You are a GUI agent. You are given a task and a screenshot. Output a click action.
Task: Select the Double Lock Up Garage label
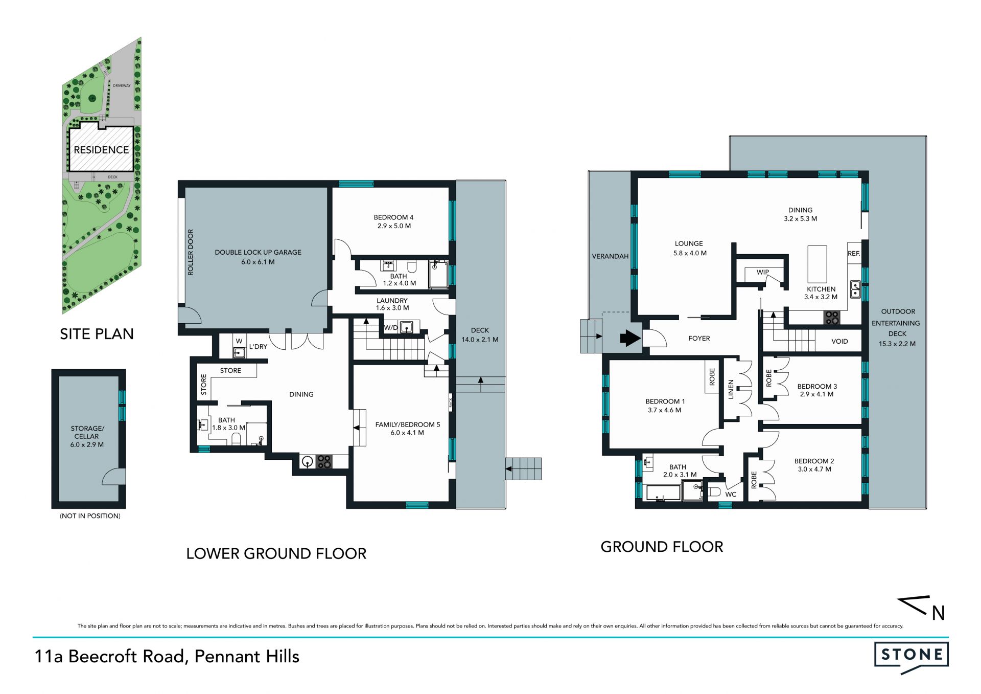tap(258, 257)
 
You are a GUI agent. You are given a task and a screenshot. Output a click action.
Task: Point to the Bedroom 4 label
tap(393, 221)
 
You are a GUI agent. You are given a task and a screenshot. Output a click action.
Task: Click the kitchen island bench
tap(817, 263)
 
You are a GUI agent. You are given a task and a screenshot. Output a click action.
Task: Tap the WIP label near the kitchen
tap(762, 272)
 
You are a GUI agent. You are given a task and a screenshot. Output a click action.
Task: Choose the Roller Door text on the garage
tap(191, 252)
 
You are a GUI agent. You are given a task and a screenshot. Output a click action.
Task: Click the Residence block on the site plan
tap(101, 149)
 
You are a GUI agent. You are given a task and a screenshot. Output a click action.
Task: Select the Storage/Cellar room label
tap(87, 436)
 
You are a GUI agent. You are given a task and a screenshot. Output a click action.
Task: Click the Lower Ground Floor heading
tap(276, 553)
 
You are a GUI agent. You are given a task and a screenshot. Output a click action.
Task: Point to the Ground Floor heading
tap(662, 547)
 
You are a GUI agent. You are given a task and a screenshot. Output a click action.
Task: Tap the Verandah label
tap(610, 256)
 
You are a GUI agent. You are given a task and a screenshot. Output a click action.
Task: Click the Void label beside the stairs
tap(839, 341)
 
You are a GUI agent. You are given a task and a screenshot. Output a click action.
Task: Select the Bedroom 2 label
tap(814, 465)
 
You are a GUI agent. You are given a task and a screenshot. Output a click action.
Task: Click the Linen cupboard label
tap(731, 389)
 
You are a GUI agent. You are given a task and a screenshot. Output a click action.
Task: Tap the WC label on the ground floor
tap(731, 495)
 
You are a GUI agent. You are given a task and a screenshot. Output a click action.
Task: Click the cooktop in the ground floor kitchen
tap(832, 318)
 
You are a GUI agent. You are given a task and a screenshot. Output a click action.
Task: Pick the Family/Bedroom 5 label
tap(407, 429)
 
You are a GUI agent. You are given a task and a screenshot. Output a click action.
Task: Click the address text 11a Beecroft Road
tap(109, 657)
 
